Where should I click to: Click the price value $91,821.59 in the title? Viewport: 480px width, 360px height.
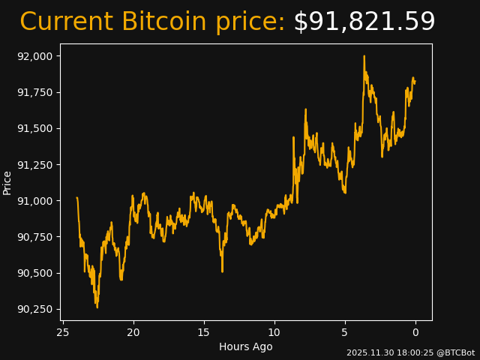pyautogui.click(x=364, y=22)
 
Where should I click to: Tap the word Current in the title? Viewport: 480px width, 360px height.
pyautogui.click(x=67, y=22)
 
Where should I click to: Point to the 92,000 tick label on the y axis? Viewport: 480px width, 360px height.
pyautogui.click(x=34, y=56)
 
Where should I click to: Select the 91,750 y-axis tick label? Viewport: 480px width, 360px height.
pyautogui.click(x=34, y=92)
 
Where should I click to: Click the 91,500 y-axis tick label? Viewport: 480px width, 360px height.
pyautogui.click(x=34, y=128)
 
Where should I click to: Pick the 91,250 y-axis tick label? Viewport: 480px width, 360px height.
pyautogui.click(x=34, y=164)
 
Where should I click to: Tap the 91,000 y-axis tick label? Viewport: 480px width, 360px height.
pyautogui.click(x=34, y=201)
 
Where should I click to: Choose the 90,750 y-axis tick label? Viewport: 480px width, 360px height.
pyautogui.click(x=34, y=237)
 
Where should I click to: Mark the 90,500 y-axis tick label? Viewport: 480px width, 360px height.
pyautogui.click(x=34, y=273)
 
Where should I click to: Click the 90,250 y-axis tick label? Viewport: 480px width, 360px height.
pyautogui.click(x=34, y=309)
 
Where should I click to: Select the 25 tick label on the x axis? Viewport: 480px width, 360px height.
pyautogui.click(x=63, y=332)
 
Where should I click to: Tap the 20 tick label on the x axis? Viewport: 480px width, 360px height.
pyautogui.click(x=133, y=332)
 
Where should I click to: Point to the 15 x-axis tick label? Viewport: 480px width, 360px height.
pyautogui.click(x=204, y=332)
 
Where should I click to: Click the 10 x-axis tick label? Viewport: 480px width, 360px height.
pyautogui.click(x=274, y=332)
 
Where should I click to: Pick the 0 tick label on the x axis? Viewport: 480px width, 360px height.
pyautogui.click(x=415, y=332)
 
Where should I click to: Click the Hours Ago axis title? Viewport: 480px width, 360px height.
pyautogui.click(x=246, y=346)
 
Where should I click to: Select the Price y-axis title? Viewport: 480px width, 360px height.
pyautogui.click(x=7, y=182)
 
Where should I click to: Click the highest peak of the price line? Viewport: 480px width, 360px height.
pyautogui.click(x=364, y=56)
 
